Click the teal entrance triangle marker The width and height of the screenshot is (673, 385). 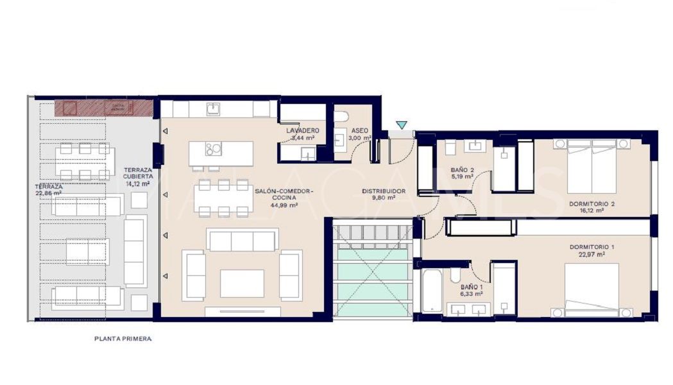(402, 125)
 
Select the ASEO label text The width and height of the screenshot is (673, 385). (359, 130)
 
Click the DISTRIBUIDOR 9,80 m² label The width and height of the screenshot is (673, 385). (383, 194)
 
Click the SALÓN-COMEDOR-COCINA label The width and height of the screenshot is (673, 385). (284, 198)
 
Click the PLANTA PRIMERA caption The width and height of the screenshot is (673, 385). (123, 339)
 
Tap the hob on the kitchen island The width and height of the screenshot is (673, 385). (213, 150)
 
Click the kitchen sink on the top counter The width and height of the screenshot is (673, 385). (213, 109)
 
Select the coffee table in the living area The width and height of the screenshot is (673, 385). (242, 283)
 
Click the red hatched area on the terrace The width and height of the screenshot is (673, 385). (103, 108)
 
